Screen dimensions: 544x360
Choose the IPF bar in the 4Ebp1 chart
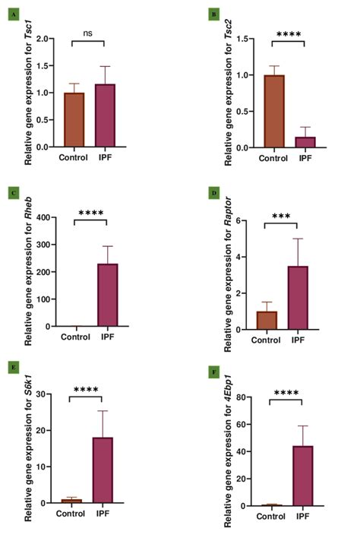coord(304,476)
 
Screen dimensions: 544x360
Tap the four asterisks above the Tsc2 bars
coord(289,34)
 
